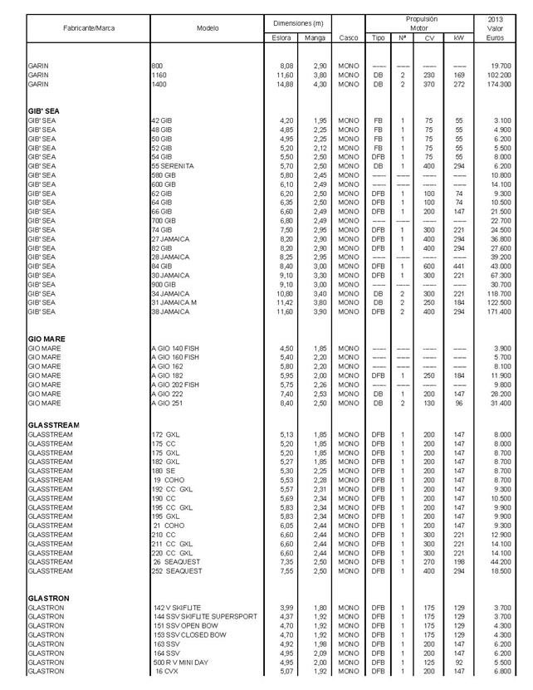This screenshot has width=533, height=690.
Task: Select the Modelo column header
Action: coord(208,28)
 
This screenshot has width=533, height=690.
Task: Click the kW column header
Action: coord(459,38)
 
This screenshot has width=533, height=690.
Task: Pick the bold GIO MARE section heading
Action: coord(46,338)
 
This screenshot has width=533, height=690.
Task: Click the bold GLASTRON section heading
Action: coord(48,597)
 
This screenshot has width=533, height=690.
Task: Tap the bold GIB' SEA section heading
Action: coord(44,110)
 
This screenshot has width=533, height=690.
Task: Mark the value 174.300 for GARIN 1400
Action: coord(498,84)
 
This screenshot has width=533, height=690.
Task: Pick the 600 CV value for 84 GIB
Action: coord(428,267)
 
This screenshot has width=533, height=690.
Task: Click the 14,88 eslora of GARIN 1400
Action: coord(283,84)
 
